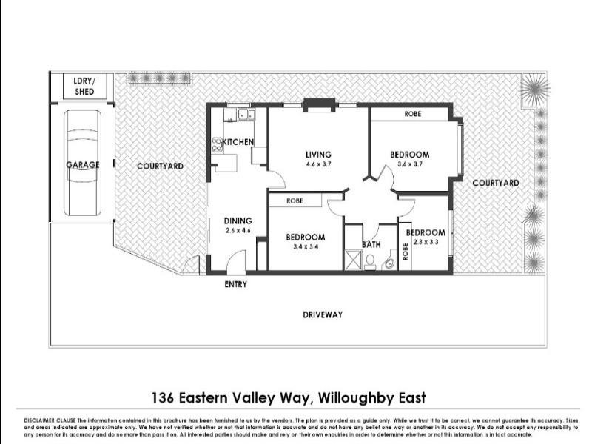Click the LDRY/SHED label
click(x=83, y=87)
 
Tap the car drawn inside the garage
click(x=82, y=163)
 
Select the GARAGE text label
click(x=82, y=165)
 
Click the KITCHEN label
click(x=238, y=142)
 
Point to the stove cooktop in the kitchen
click(x=218, y=145)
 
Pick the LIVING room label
click(x=318, y=155)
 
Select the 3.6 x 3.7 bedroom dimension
click(x=409, y=164)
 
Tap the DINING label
click(x=238, y=221)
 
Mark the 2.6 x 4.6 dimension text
click(x=238, y=230)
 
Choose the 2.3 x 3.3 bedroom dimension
click(x=425, y=242)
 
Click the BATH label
click(x=371, y=244)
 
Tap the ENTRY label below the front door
click(x=235, y=285)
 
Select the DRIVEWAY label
click(x=323, y=315)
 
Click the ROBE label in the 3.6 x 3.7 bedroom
click(x=413, y=115)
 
